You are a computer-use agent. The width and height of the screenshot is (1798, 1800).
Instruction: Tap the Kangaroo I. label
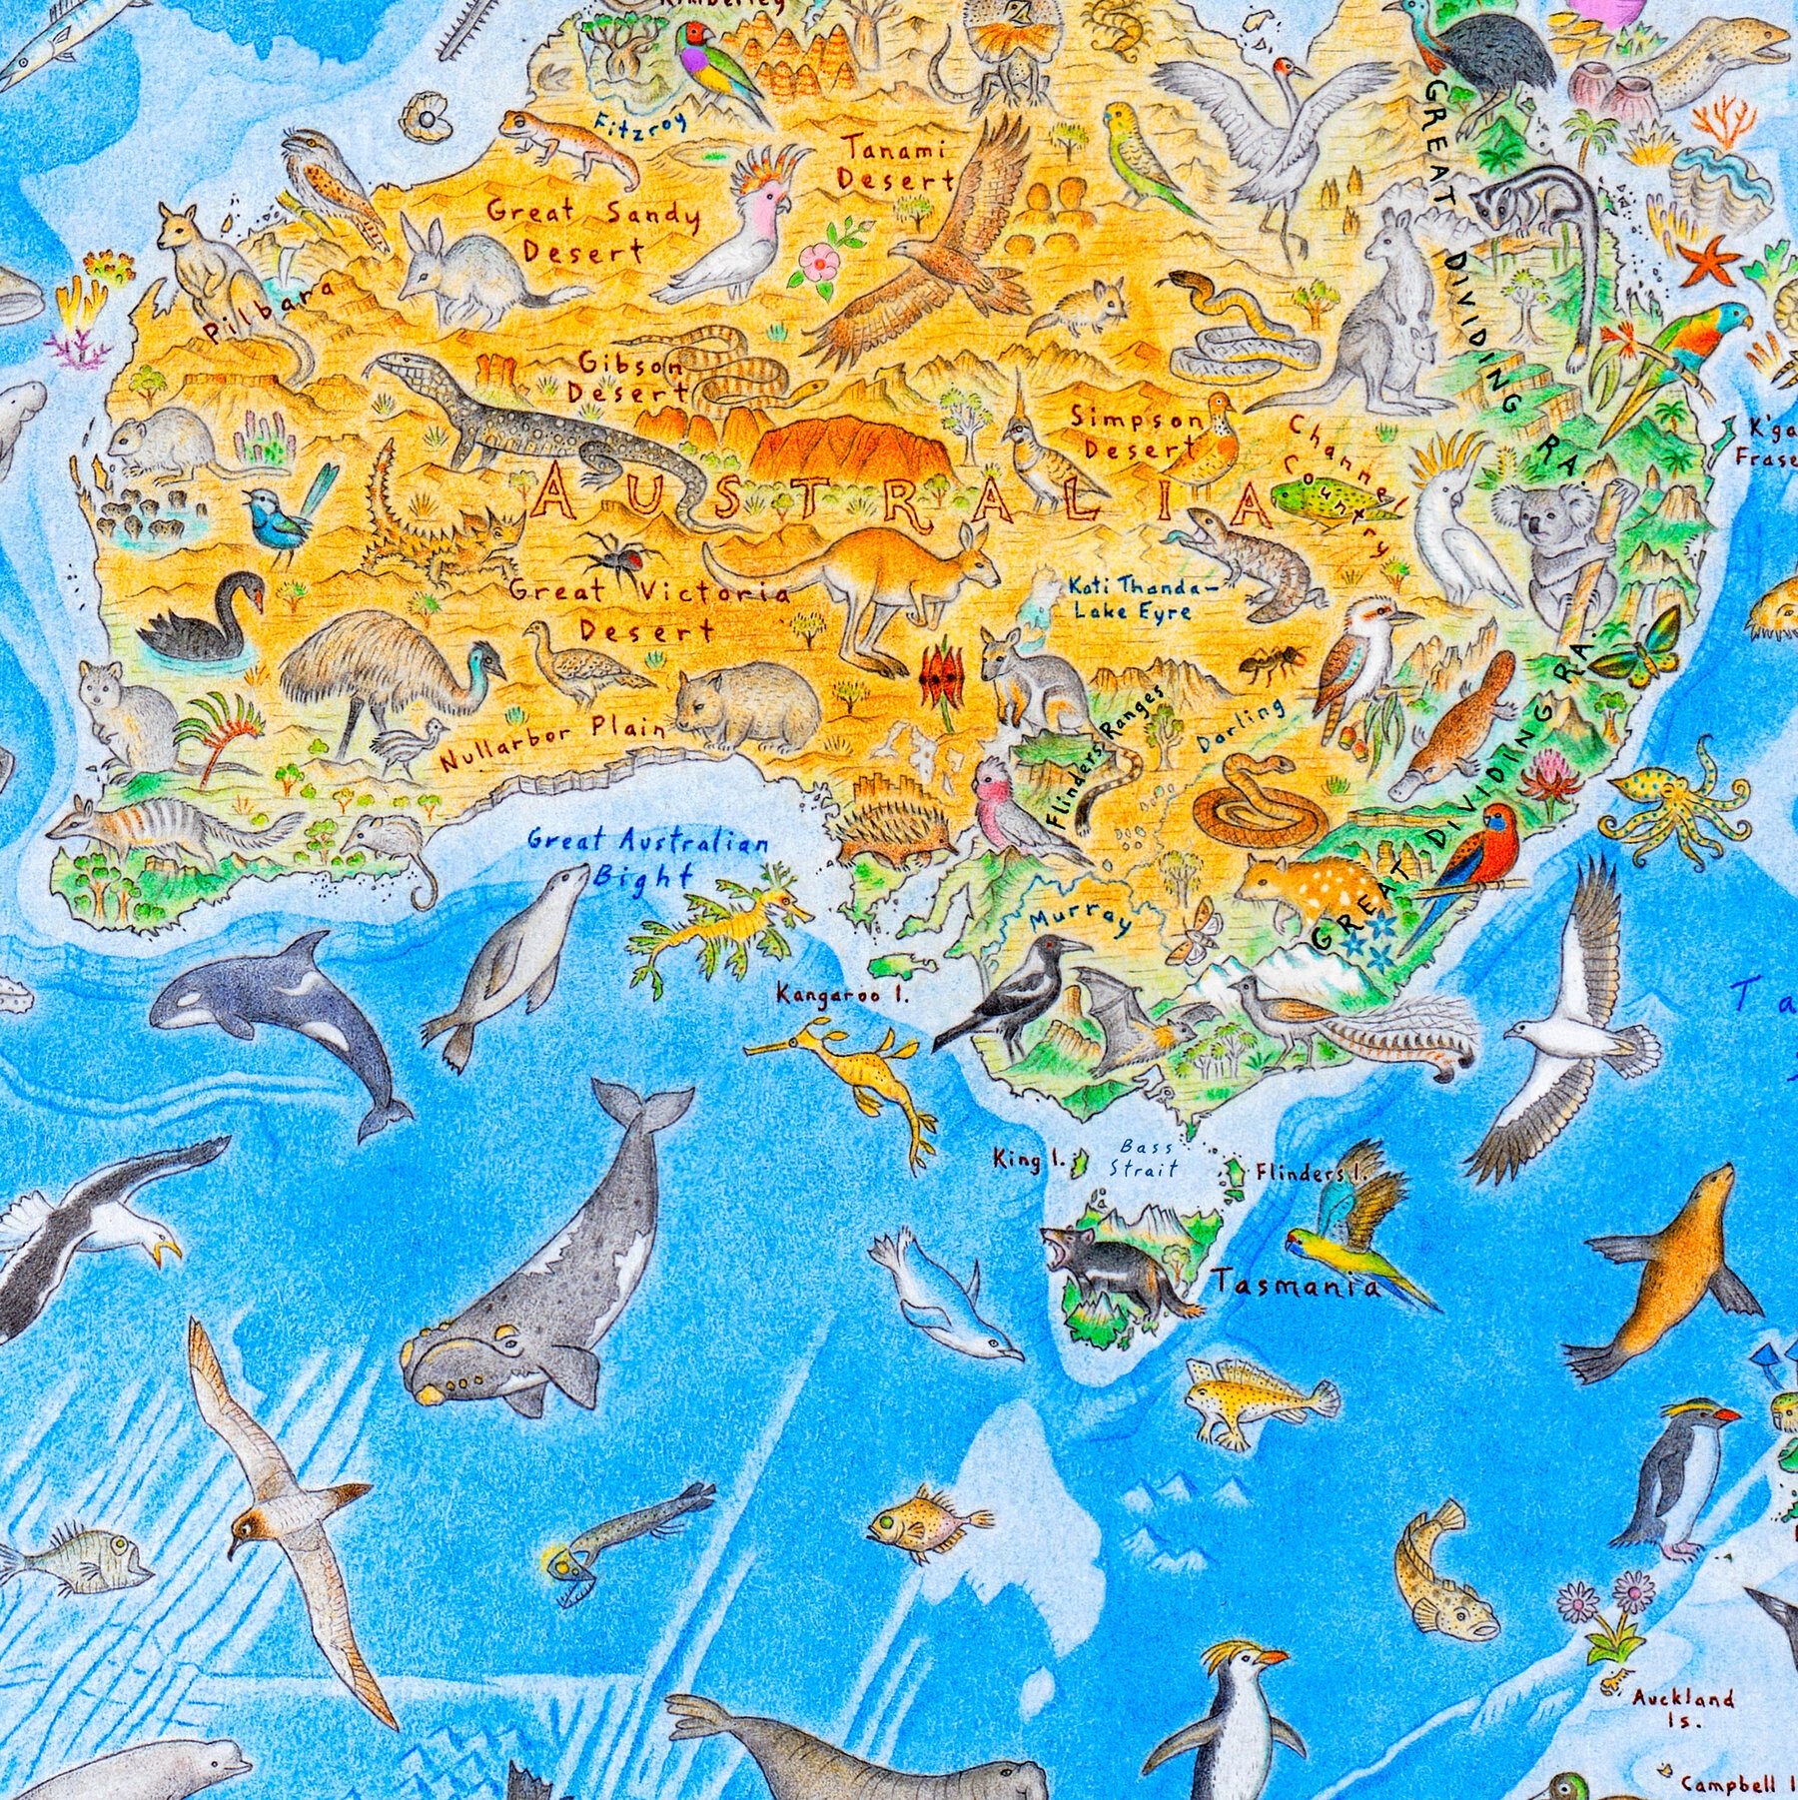pyautogui.click(x=843, y=995)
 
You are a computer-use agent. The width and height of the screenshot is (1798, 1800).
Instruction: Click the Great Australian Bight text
pyautogui.click(x=647, y=857)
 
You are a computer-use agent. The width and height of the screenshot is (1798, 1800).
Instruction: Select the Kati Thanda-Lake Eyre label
pyautogui.click(x=1142, y=597)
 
